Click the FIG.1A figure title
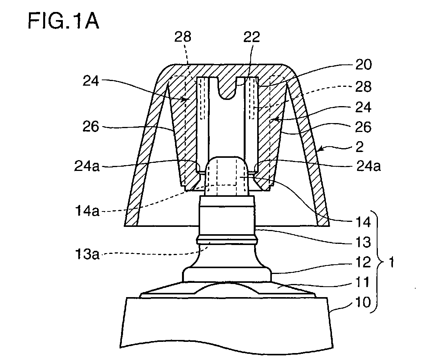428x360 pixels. pyautogui.click(x=63, y=21)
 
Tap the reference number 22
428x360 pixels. pyautogui.click(x=252, y=37)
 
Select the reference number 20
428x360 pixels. pyautogui.click(x=363, y=65)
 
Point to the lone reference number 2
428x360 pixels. pyautogui.click(x=359, y=147)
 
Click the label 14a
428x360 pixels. pyautogui.click(x=87, y=211)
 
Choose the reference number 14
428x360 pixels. pyautogui.click(x=363, y=222)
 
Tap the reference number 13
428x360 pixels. pyautogui.click(x=363, y=242)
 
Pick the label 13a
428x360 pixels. pyautogui.click(x=87, y=254)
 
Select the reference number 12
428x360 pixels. pyautogui.click(x=363, y=262)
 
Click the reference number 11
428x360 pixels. pyautogui.click(x=363, y=282)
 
